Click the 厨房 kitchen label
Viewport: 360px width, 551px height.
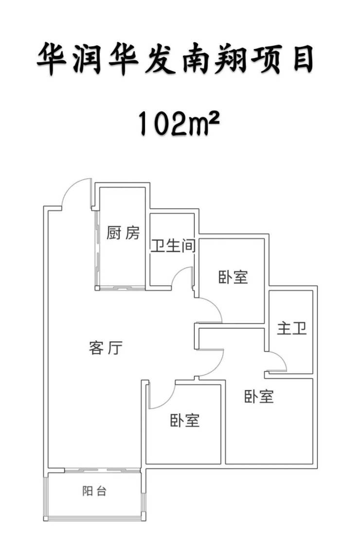tap(123, 233)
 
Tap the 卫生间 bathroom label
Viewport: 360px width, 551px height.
tap(173, 246)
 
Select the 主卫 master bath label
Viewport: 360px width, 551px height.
tap(292, 328)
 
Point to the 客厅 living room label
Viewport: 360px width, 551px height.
tap(106, 348)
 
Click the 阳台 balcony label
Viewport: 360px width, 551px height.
tap(94, 491)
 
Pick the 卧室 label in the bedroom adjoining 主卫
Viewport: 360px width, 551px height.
tap(259, 396)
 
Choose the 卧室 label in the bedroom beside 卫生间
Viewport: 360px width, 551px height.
tap(233, 277)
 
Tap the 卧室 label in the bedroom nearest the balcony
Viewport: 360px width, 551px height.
tap(185, 420)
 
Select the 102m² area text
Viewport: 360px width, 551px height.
tap(178, 123)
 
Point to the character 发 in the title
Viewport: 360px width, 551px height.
tap(160, 59)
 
